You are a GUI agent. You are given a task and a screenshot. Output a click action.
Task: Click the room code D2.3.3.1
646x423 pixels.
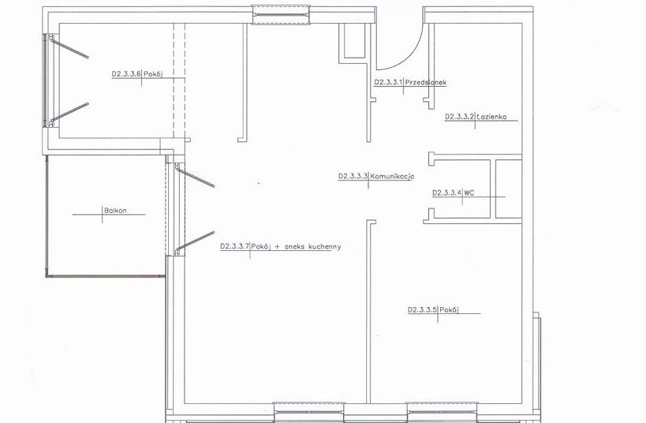point(388,82)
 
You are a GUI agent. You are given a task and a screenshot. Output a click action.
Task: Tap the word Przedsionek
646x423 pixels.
point(426,82)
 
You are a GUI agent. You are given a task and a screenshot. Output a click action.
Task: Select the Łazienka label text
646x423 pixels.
point(491,117)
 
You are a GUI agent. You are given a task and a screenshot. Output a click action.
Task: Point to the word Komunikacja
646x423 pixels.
point(392,177)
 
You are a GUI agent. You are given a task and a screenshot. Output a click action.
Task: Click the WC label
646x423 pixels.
point(469,193)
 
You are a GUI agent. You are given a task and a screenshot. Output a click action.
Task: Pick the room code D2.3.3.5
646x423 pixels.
point(422,309)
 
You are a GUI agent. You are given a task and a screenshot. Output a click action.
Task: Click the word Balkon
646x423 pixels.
point(115,210)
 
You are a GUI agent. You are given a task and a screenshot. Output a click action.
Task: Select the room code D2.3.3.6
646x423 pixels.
point(126,74)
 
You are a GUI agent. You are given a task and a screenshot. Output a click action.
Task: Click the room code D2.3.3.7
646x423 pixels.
point(234,247)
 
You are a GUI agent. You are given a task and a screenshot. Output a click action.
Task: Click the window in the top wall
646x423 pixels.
point(281,15)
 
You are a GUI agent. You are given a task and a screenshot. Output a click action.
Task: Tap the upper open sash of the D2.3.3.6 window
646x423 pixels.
point(69,47)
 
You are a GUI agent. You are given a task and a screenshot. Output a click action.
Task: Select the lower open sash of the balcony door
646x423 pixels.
point(195,242)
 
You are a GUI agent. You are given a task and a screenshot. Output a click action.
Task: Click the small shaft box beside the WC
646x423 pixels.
point(509,189)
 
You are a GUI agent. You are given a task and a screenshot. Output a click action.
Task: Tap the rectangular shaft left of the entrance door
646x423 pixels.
point(354,40)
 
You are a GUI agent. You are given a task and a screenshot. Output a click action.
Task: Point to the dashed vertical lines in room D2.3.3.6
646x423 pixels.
point(179,80)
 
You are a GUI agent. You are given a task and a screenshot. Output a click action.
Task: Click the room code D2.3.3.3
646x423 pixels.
point(353,177)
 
